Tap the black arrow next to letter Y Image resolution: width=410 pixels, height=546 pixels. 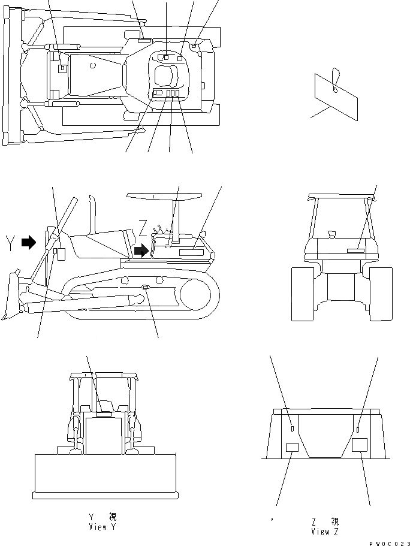[28, 242]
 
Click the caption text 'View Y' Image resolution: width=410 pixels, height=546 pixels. [105, 527]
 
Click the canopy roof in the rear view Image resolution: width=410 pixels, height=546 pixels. [342, 197]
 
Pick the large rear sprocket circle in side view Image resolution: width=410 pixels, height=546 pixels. [197, 298]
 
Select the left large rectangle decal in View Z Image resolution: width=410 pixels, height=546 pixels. [292, 447]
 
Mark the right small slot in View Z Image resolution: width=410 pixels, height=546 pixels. [358, 429]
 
